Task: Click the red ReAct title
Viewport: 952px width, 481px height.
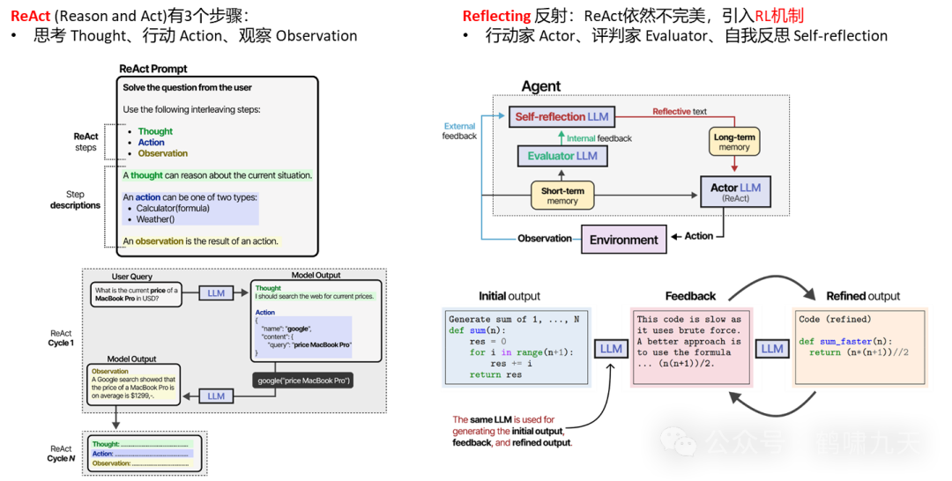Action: [x=30, y=15]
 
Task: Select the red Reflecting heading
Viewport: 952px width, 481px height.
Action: [x=496, y=15]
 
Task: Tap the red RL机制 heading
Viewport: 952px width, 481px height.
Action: [x=778, y=15]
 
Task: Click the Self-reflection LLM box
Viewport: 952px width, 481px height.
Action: [x=562, y=116]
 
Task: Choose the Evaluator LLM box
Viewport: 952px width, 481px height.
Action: [x=562, y=156]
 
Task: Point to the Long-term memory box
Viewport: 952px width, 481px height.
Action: [x=733, y=142]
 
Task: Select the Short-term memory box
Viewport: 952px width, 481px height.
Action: [x=562, y=195]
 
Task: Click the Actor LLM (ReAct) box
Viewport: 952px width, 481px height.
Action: [x=735, y=192]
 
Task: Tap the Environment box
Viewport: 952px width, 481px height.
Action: [x=623, y=240]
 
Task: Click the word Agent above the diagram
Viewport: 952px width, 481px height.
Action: [x=541, y=86]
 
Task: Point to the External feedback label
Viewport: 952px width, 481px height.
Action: [x=459, y=131]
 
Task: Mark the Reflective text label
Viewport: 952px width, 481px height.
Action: [x=680, y=112]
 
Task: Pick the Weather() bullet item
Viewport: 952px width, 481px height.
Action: [x=155, y=219]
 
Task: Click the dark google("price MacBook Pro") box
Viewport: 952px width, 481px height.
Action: [x=304, y=381]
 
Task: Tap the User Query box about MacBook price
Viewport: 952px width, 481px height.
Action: [x=136, y=295]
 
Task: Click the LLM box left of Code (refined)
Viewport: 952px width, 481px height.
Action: [x=772, y=348]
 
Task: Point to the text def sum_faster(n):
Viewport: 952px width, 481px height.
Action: [x=844, y=341]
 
